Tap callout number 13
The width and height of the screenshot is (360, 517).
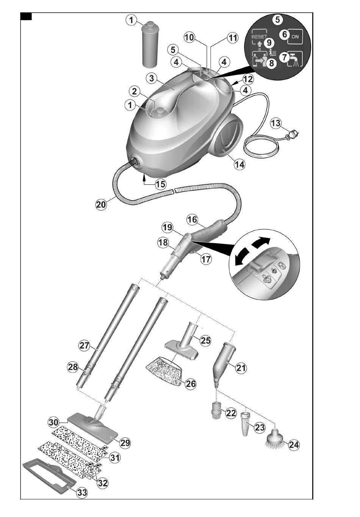pyautogui.click(x=276, y=124)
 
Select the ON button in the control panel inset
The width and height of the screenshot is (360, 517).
pyautogui.click(x=295, y=36)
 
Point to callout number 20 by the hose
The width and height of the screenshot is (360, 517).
pyautogui.click(x=101, y=204)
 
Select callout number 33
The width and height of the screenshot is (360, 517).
pyautogui.click(x=82, y=493)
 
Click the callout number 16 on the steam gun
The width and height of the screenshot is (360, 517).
pyautogui.click(x=192, y=219)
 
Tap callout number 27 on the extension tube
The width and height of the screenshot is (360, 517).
pyautogui.click(x=84, y=346)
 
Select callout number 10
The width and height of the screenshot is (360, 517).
pyautogui.click(x=189, y=37)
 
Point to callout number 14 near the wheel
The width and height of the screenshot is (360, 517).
pyautogui.click(x=239, y=164)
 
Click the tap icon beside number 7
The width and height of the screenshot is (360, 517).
pyautogui.click(x=294, y=59)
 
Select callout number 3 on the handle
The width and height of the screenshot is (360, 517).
pyautogui.click(x=151, y=78)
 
